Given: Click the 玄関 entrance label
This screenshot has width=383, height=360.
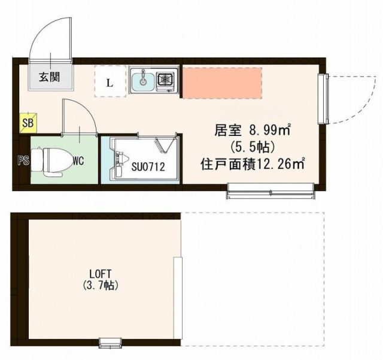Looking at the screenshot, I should (x=50, y=77).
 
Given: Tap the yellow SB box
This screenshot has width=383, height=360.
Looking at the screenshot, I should (x=28, y=123).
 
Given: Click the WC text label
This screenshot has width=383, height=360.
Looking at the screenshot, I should (x=78, y=160).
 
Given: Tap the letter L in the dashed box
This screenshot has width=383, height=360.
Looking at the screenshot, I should (x=110, y=83).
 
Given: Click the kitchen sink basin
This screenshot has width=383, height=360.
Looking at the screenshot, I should (x=142, y=80).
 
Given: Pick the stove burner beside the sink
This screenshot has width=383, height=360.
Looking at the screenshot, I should (x=165, y=79).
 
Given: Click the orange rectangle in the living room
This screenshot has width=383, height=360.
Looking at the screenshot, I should (x=221, y=82).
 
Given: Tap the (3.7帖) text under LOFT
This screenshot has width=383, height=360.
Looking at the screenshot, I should (x=99, y=286).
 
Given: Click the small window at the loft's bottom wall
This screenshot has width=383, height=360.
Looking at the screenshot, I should (x=109, y=343).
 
